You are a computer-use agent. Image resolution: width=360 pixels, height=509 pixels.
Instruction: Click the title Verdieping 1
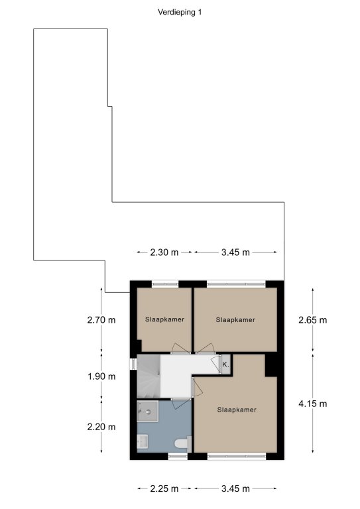pyautogui.click(x=180, y=13)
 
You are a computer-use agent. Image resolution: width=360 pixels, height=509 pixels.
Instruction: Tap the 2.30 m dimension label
pyautogui.click(x=164, y=253)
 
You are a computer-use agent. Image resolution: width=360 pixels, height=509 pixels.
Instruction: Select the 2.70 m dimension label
pyautogui.click(x=101, y=320)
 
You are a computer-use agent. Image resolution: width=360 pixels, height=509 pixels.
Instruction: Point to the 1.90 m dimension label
pyautogui.click(x=101, y=376)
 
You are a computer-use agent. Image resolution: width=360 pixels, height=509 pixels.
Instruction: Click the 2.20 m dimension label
pyautogui.click(x=101, y=427)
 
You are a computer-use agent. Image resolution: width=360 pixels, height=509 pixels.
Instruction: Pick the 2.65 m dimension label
pyautogui.click(x=313, y=320)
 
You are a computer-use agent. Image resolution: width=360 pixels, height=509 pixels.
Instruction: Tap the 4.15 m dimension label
pyautogui.click(x=313, y=404)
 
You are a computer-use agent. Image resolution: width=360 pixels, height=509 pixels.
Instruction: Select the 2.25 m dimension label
pyautogui.click(x=164, y=488)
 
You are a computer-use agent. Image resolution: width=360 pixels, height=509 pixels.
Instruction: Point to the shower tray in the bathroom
pyautogui.click(x=147, y=412)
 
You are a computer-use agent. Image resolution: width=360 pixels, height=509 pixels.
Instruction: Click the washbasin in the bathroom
pyautogui.click(x=142, y=441)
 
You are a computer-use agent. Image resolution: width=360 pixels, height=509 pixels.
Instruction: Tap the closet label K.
pyautogui.click(x=225, y=365)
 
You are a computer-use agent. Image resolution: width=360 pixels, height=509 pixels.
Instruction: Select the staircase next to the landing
pyautogui.click(x=149, y=376)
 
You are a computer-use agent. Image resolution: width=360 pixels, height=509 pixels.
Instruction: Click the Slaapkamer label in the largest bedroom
pyautogui.click(x=237, y=410)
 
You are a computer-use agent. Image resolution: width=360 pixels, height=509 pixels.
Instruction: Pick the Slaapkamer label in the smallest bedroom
pyautogui.click(x=165, y=319)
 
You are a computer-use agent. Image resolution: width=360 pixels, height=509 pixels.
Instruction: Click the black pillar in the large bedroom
pyautogui.click(x=271, y=366)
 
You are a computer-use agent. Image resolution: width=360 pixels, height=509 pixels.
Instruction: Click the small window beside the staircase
pyautogui.click(x=133, y=364)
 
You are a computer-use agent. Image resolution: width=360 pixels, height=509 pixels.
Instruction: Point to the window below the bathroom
pyautogui.click(x=178, y=457)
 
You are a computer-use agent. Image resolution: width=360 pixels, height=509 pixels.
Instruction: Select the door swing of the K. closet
pyautogui.click(x=216, y=364)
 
